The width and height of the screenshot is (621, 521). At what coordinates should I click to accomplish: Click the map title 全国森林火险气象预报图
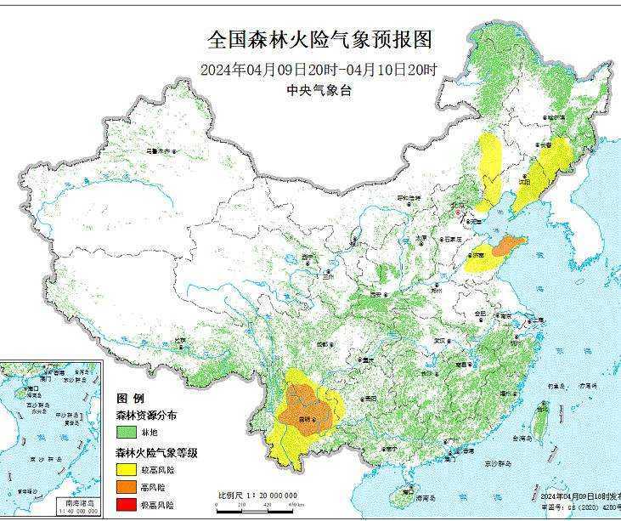320,40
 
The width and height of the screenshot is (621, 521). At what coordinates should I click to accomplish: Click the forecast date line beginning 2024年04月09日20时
319,71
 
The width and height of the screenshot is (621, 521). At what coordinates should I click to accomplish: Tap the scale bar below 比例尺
255,506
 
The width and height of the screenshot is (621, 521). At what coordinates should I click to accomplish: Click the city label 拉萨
180,341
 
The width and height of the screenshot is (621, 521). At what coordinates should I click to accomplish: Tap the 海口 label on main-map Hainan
409,491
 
